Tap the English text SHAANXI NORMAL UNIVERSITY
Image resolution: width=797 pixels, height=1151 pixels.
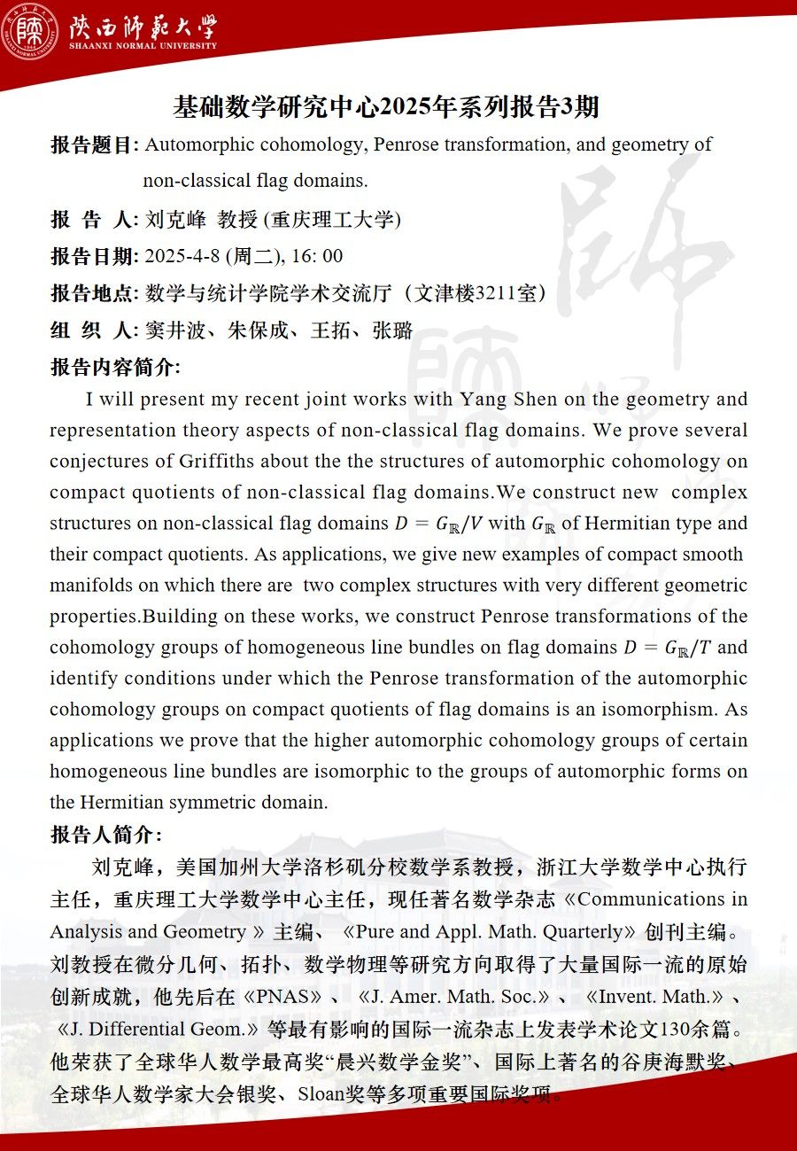click(143, 46)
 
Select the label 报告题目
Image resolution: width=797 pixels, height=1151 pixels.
click(93, 145)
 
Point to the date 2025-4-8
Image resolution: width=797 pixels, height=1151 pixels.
click(182, 257)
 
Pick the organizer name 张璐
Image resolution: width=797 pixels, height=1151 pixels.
click(392, 331)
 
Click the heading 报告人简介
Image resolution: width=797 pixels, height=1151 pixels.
click(104, 835)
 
